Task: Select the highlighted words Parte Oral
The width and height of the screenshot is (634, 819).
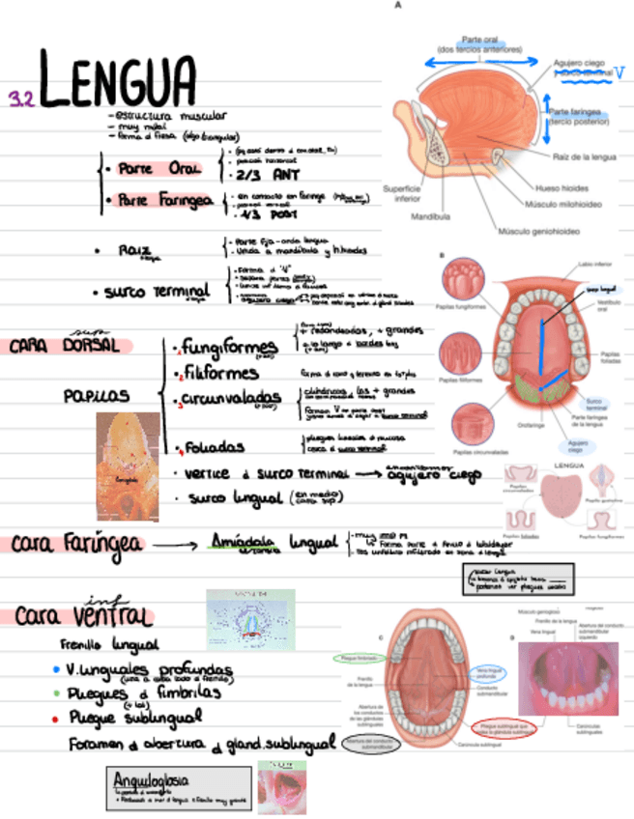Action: [x=172, y=169]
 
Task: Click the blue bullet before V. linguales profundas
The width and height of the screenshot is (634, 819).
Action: [x=56, y=668]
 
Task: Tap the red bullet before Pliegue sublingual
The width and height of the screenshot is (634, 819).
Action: [x=56, y=718]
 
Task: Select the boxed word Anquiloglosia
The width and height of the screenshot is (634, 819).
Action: [x=151, y=778]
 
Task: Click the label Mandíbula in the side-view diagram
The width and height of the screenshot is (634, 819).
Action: [x=430, y=217]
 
